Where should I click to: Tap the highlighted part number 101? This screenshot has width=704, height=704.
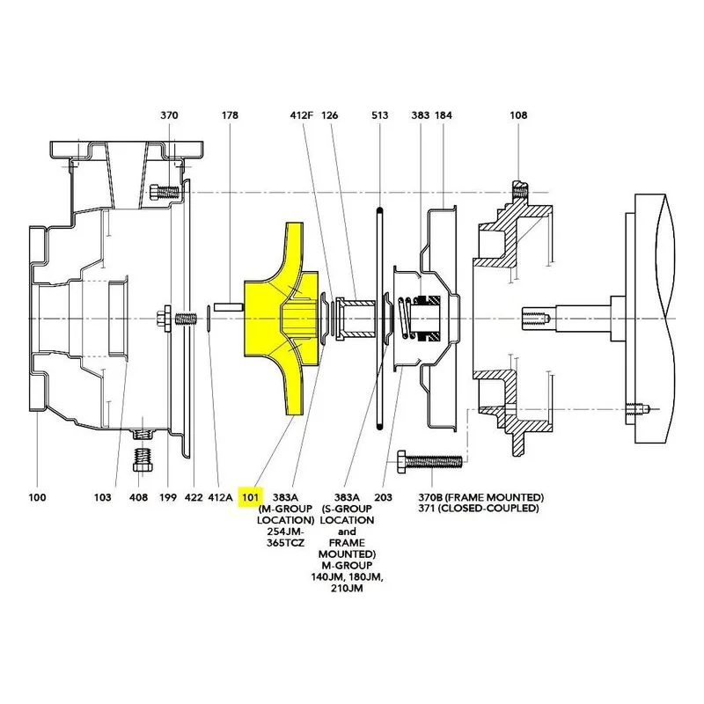coord(251,497)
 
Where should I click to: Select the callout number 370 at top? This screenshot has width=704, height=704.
coord(169,115)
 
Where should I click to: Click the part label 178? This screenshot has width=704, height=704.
coord(230,115)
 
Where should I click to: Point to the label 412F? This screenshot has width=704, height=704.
coord(301,115)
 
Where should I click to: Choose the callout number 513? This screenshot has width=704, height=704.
coord(380,115)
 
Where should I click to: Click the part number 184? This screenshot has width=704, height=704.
coord(444,115)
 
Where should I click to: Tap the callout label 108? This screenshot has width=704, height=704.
coord(518,115)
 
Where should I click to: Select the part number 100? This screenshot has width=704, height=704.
coord(37,497)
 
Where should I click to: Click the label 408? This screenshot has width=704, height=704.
coord(138,497)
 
